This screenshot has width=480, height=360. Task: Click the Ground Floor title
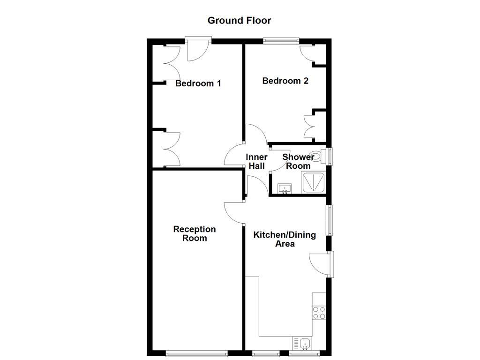point(239,21)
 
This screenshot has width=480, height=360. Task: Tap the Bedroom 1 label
point(198,84)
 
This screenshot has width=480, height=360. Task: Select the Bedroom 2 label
point(285,81)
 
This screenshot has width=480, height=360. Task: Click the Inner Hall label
point(257,162)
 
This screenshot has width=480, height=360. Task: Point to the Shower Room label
point(298,162)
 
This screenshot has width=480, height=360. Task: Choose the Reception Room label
point(195,233)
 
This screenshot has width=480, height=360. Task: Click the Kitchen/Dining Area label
point(285,239)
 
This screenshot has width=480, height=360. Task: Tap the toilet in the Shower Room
point(317,157)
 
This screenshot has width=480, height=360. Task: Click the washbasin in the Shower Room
point(285,188)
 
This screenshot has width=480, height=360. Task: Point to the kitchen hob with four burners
point(319,313)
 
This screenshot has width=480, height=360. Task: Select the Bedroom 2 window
point(281,41)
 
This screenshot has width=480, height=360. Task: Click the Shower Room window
point(330,157)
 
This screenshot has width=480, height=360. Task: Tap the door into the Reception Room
point(234,213)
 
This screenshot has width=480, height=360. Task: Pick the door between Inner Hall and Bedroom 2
point(255,135)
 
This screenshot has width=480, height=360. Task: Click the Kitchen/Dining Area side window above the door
point(330,220)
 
